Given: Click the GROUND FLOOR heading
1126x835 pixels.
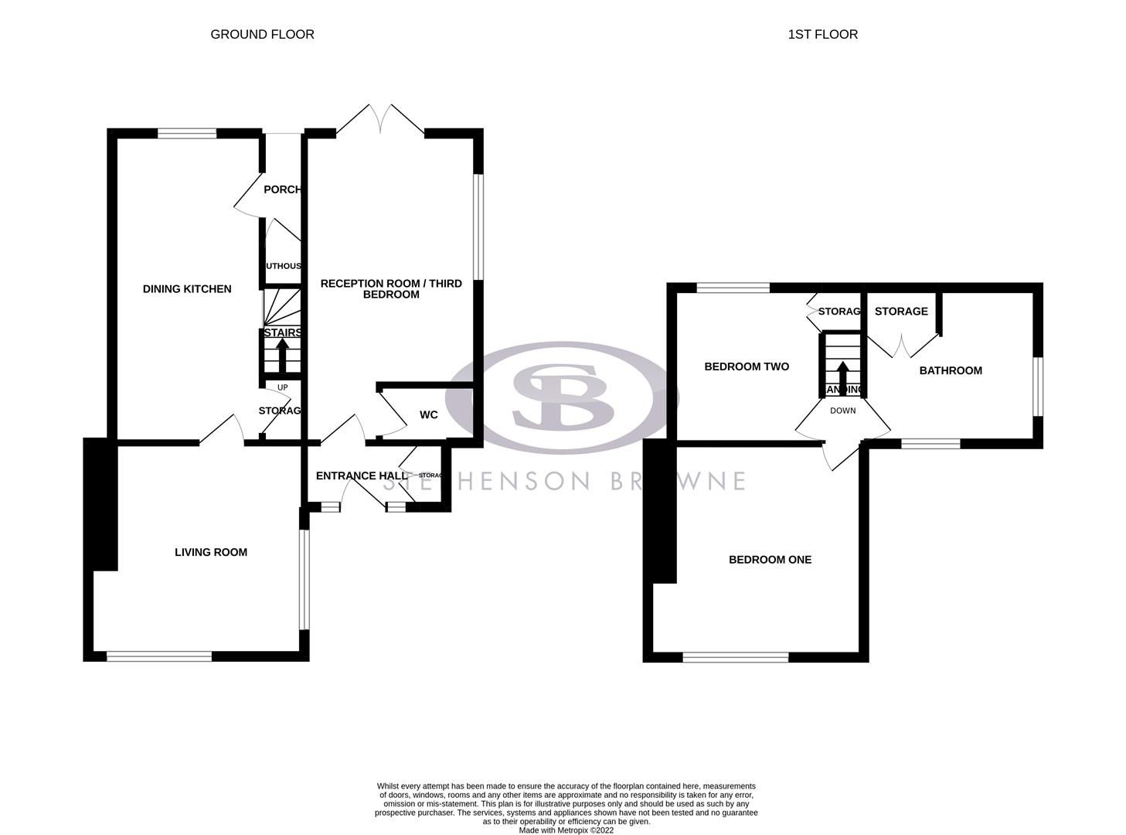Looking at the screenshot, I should (262, 34).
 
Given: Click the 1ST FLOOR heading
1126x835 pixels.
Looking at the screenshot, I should (822, 34).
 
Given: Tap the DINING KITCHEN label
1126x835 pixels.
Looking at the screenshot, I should (187, 289).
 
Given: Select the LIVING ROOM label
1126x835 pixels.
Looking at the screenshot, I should (211, 552).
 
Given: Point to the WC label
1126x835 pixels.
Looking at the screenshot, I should (429, 415).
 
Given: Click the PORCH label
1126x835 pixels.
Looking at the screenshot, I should (282, 189).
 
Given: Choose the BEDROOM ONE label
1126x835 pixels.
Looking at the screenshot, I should (770, 560).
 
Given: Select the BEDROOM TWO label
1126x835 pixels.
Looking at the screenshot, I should (747, 366).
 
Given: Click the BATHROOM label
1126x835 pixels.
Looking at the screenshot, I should (951, 370).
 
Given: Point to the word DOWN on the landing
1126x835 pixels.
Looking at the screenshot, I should (843, 411).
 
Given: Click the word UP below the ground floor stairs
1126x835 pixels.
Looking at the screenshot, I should (282, 387).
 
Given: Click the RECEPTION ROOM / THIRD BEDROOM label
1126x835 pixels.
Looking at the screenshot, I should (391, 288).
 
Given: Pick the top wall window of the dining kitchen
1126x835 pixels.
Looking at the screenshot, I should (187, 134).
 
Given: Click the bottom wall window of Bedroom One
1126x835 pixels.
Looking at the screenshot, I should (736, 657).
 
